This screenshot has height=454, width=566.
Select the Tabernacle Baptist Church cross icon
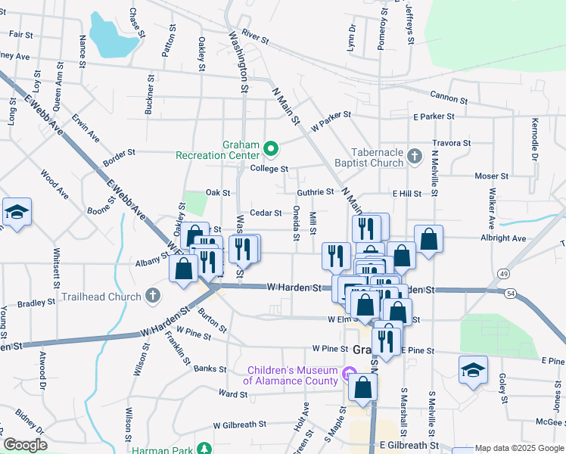413,157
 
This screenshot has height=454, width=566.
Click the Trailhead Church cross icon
152,296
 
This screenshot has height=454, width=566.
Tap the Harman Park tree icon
203,449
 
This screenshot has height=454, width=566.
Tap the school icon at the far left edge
17,213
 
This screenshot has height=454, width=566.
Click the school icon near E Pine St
473,370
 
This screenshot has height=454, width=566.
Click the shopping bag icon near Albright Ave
428,239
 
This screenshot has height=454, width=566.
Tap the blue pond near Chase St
113,36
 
